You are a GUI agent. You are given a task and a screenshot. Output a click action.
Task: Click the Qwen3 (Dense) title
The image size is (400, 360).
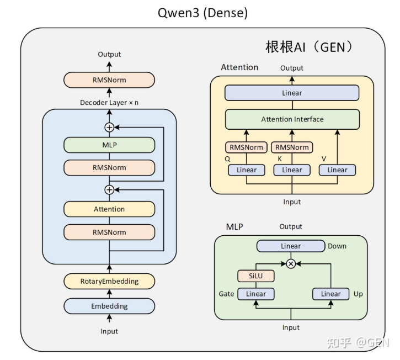coord(202,13)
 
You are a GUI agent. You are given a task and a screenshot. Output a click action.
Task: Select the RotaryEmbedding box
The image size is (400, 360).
coord(109,281)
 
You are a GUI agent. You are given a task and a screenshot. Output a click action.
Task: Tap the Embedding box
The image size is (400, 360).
coord(109,306)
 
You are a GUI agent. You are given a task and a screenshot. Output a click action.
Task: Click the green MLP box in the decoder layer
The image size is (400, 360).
coord(109,145)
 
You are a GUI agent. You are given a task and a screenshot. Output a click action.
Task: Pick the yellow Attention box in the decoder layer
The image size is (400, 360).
coord(109,209)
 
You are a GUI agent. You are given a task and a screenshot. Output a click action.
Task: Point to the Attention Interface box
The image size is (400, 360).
coord(292,119)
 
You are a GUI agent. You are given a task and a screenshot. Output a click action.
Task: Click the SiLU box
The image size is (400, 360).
coord(256,276)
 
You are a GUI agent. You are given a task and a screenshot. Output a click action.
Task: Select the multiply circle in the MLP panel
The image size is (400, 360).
coord(291,264)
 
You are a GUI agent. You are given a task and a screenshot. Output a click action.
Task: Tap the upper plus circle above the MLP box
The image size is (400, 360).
coord(109,127)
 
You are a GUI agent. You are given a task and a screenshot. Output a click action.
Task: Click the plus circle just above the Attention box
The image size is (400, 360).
coord(109,190)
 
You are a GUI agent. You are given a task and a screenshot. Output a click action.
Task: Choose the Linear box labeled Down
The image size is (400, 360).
coord(291,246)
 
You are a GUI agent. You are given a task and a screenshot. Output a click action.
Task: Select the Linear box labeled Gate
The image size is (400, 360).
coord(256,294)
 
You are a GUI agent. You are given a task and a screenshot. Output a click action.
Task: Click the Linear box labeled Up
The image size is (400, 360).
coord(331,294)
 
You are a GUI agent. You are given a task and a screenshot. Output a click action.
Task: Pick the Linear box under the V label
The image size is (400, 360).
coord(337,170)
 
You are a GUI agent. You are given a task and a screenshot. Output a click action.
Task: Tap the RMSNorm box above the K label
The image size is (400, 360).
coord(292,147)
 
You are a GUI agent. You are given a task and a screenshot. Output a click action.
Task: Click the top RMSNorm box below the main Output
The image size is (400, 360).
coord(109,80)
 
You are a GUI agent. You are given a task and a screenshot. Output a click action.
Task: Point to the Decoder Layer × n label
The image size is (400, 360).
coord(109,103)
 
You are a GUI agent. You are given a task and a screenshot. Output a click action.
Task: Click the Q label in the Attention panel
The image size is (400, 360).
coord(227,159)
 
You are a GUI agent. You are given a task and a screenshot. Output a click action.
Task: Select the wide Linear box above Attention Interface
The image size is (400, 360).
coord(292,93)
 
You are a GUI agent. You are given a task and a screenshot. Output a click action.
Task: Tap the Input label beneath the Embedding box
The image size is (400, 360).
coord(109,331)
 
